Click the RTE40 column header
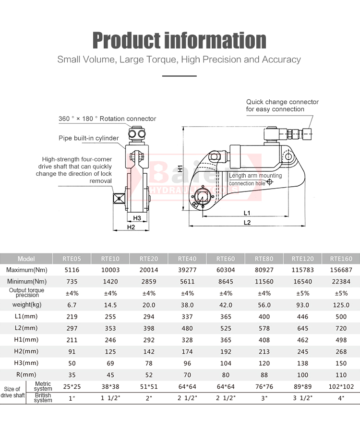(187, 258)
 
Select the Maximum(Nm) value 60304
(225, 270)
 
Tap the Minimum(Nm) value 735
(72, 281)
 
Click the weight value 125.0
(341, 305)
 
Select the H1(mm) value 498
(341, 340)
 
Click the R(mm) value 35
(72, 374)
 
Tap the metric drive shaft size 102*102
(341, 386)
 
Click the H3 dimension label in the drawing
(137, 218)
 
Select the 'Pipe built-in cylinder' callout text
(89, 138)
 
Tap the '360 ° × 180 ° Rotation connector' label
(107, 119)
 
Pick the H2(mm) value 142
(149, 351)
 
